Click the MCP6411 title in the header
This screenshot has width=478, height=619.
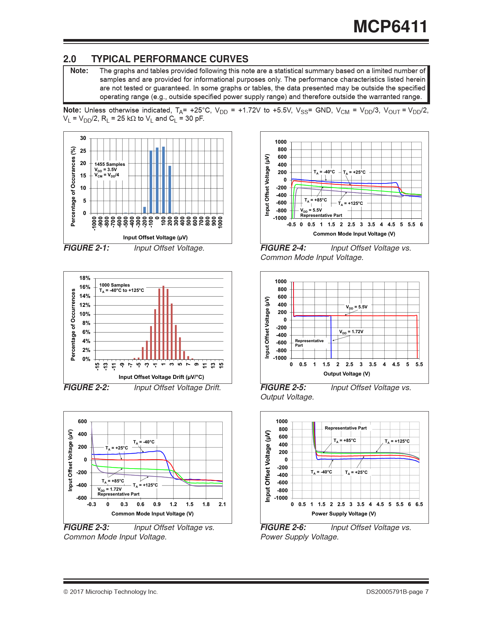click(x=390, y=27)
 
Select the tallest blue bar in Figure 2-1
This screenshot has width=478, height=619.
click(x=163, y=180)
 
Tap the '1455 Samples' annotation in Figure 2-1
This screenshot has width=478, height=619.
click(x=109, y=164)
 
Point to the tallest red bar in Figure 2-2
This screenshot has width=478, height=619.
click(x=163, y=323)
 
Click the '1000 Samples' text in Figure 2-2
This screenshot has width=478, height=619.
click(x=114, y=285)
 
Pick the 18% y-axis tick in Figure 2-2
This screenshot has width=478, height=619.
click(x=85, y=278)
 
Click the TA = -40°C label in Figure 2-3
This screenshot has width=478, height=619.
click(x=144, y=442)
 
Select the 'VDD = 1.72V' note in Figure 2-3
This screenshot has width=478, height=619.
click(x=109, y=489)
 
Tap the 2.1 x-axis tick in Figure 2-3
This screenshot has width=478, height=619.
click(x=222, y=504)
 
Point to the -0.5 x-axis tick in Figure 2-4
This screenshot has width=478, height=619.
click(x=291, y=224)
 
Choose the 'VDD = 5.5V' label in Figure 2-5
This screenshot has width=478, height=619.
click(x=357, y=307)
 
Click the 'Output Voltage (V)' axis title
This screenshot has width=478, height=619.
click(x=347, y=374)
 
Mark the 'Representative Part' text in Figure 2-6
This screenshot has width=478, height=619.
click(x=346, y=428)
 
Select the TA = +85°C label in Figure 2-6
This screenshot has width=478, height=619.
click(x=345, y=440)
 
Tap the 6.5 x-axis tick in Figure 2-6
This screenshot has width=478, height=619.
click(x=419, y=504)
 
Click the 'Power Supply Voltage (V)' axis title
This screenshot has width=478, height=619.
click(x=343, y=514)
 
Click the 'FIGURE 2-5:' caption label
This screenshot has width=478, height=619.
click(x=283, y=388)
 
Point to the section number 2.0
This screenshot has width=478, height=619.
click(x=70, y=59)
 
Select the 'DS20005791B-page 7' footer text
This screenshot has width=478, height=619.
click(x=397, y=592)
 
